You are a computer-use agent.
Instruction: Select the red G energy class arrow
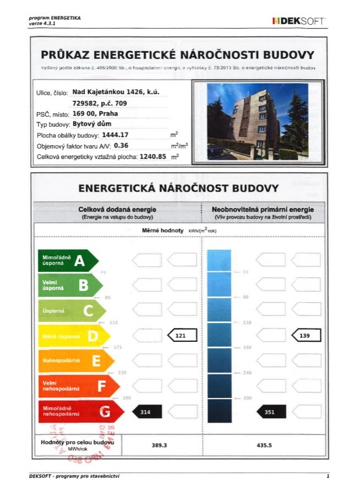point(77,411)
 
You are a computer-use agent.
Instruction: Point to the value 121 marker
point(182,335)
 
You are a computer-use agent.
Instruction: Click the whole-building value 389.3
point(159,445)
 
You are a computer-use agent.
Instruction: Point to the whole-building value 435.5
point(264,445)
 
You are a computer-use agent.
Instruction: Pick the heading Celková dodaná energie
point(117,210)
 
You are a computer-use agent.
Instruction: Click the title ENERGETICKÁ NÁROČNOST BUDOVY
point(178,188)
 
